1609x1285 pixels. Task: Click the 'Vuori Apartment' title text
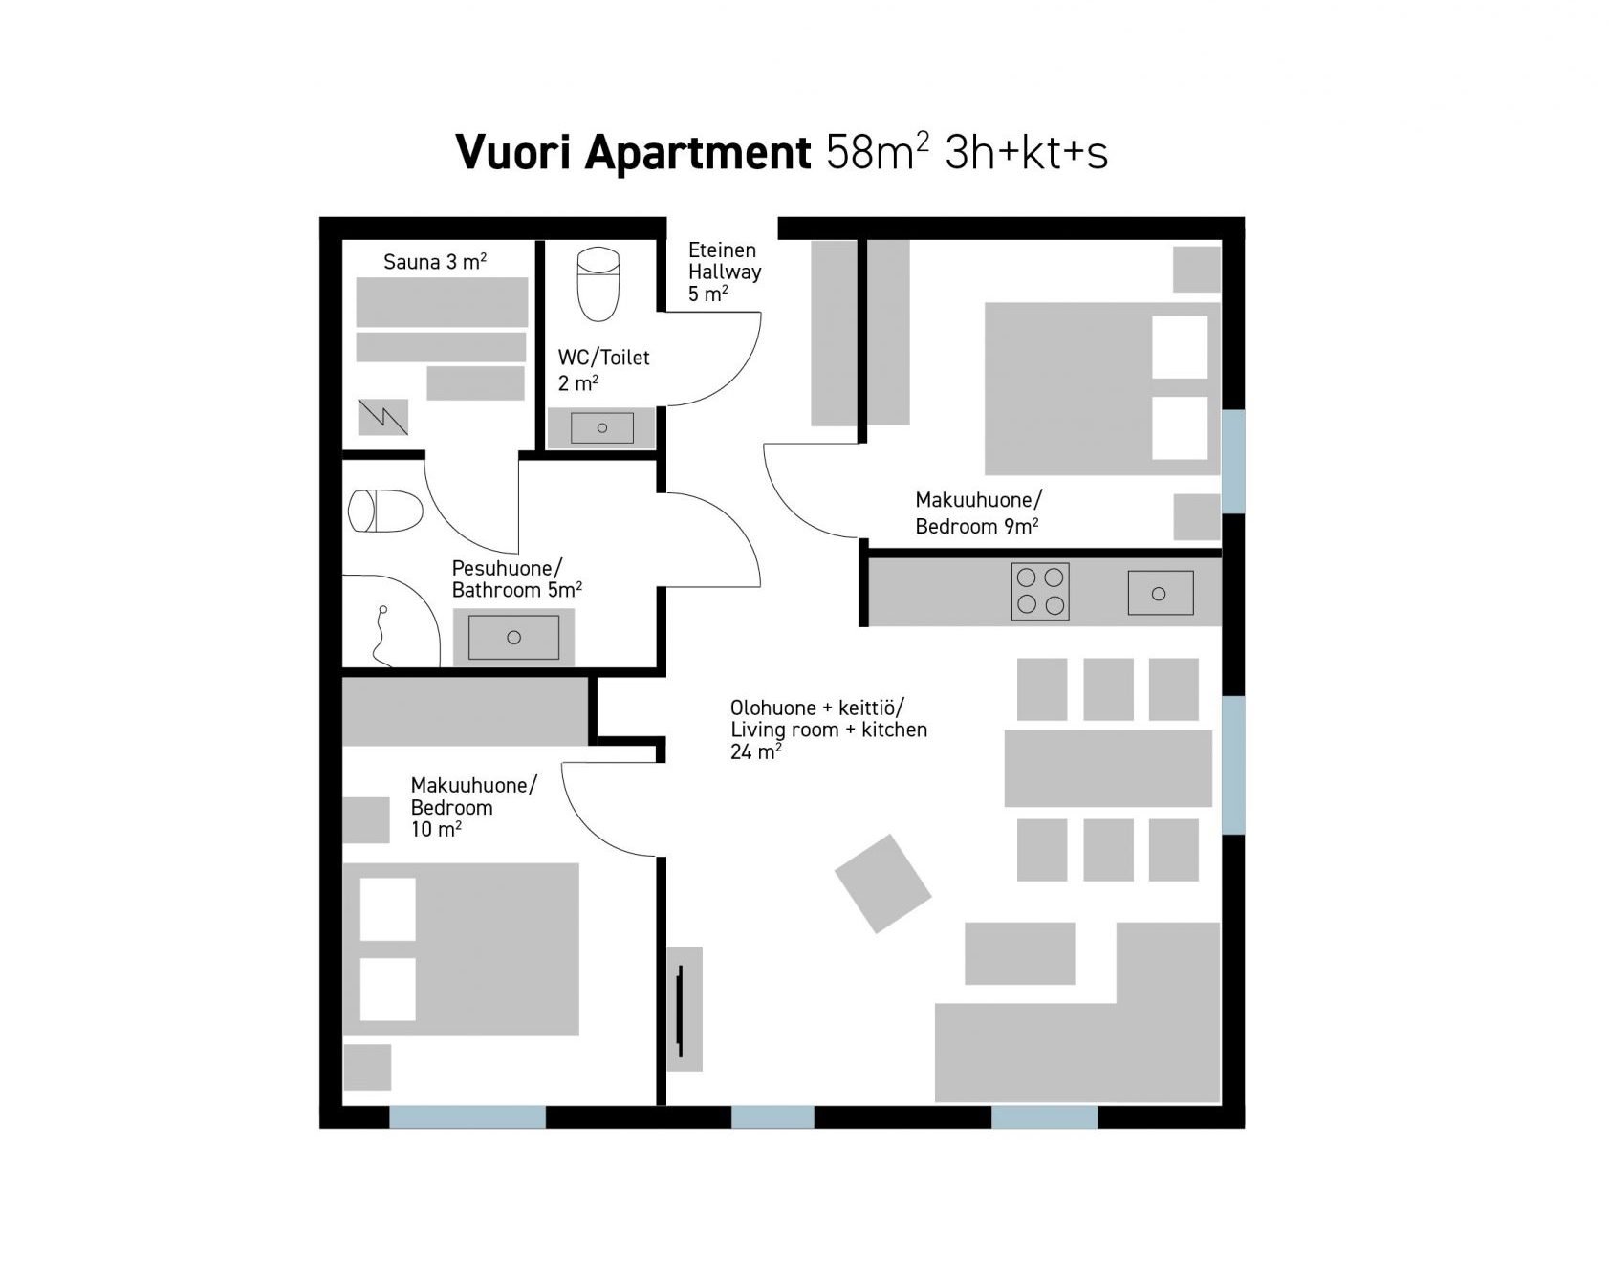(634, 152)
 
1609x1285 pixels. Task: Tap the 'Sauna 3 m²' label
(435, 261)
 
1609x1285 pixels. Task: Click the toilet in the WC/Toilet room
(598, 284)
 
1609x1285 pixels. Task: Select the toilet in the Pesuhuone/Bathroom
(385, 511)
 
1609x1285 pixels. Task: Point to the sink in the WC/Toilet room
(601, 427)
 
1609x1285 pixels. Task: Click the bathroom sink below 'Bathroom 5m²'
(513, 637)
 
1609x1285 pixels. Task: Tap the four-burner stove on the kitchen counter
(1040, 591)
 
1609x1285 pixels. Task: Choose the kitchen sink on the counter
(1160, 593)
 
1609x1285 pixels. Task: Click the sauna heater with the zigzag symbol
(382, 417)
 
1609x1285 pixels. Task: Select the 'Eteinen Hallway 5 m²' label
(725, 272)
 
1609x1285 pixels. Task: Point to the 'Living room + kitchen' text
(829, 730)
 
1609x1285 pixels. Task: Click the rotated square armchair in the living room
(882, 883)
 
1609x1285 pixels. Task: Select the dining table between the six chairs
(1108, 769)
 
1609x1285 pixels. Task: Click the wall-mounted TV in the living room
(680, 1009)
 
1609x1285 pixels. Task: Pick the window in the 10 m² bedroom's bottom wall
(467, 1117)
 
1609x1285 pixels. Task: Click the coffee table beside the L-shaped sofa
(1019, 953)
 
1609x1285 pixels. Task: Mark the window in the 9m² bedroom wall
(1233, 462)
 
